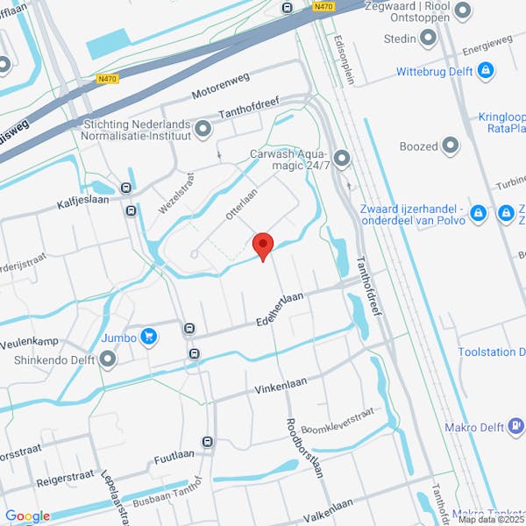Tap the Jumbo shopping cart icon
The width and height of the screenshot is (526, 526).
click(148, 335)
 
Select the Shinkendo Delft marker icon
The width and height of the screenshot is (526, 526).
click(108, 359)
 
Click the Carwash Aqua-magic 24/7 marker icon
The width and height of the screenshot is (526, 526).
click(341, 158)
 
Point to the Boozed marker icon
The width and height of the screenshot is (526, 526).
click(451, 145)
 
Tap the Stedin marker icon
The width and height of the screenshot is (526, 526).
click(428, 38)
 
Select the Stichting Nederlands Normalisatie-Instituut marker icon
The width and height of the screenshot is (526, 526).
click(203, 130)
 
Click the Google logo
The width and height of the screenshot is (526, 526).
click(27, 516)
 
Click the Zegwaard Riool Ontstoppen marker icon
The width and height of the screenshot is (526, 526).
click(464, 10)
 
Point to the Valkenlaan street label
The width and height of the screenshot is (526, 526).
click(328, 504)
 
